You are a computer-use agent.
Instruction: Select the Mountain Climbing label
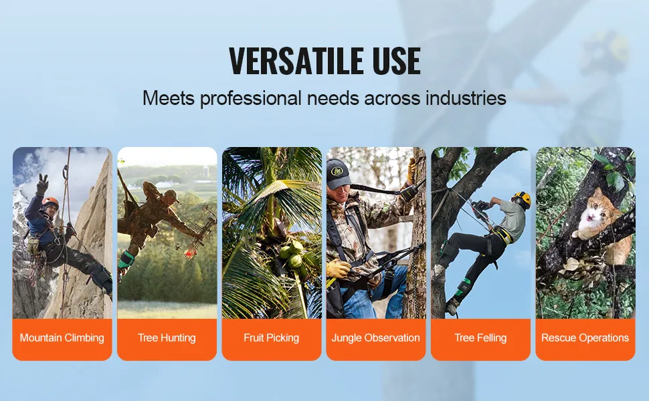click(x=62, y=338)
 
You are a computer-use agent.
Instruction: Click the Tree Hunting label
click(x=167, y=338)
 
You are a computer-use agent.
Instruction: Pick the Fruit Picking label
click(x=272, y=338)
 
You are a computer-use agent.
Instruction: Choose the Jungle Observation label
click(x=376, y=338)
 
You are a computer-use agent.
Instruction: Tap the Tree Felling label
click(x=480, y=338)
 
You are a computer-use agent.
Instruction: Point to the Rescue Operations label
click(x=585, y=338)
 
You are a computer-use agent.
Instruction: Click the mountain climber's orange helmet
click(x=50, y=202)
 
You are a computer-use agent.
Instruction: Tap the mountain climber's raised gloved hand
click(x=41, y=184)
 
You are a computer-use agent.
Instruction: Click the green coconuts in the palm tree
click(x=293, y=254)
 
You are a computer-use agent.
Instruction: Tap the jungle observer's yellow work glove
click(x=338, y=269)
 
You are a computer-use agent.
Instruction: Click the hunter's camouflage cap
click(x=171, y=195)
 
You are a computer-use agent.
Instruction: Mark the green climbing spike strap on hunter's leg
click(x=126, y=259)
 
